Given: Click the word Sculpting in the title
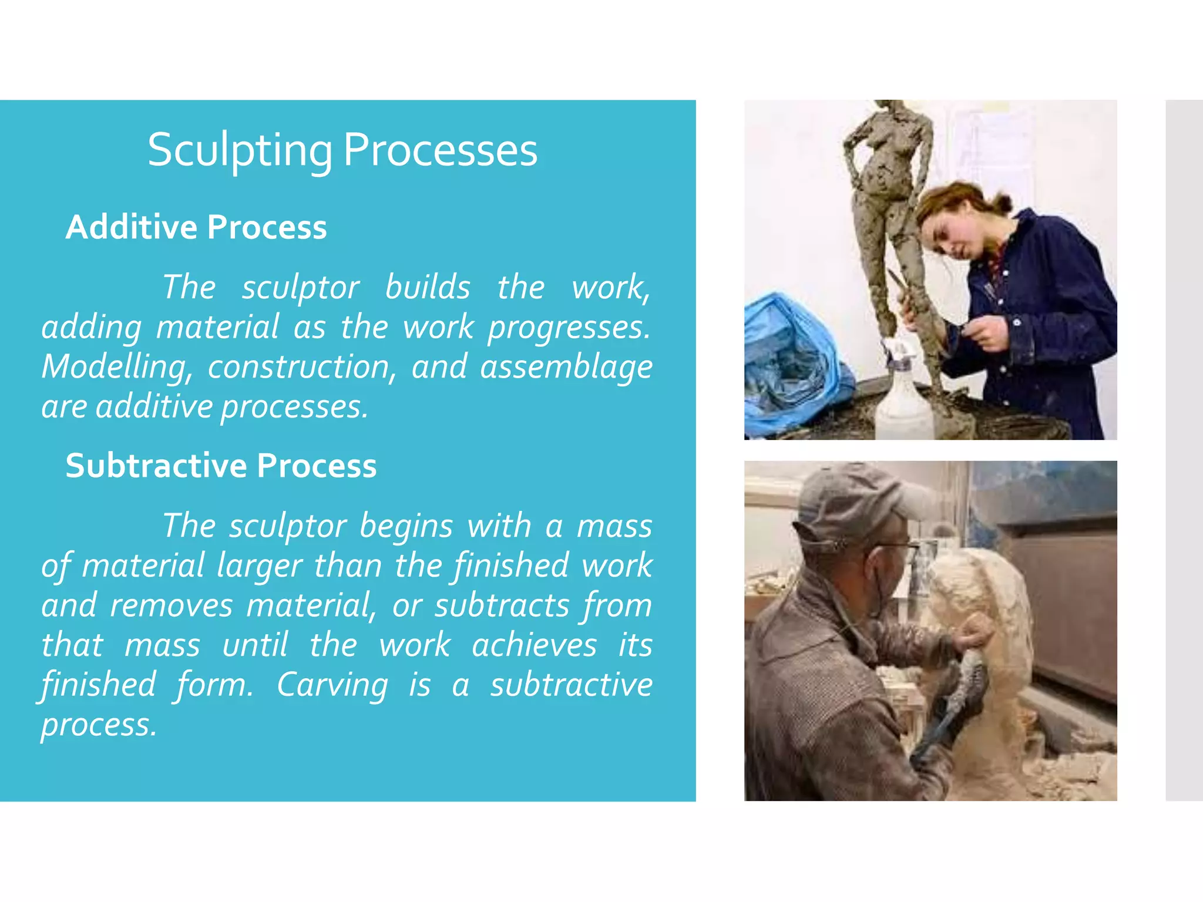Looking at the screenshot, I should point(240,150).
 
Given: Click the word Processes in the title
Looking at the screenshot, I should point(440,150).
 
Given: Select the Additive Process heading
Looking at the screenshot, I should point(196,227).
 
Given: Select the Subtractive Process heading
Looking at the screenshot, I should point(221,466).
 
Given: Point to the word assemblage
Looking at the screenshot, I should point(566,367).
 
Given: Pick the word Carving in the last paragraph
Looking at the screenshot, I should point(332,685).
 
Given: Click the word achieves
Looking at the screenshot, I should point(534,645).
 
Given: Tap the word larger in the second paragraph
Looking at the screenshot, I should point(259,566).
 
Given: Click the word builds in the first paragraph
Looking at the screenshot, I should point(428,287).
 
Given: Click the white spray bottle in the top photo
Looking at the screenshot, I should point(903,399).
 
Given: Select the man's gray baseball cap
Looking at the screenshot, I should point(852,499).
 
